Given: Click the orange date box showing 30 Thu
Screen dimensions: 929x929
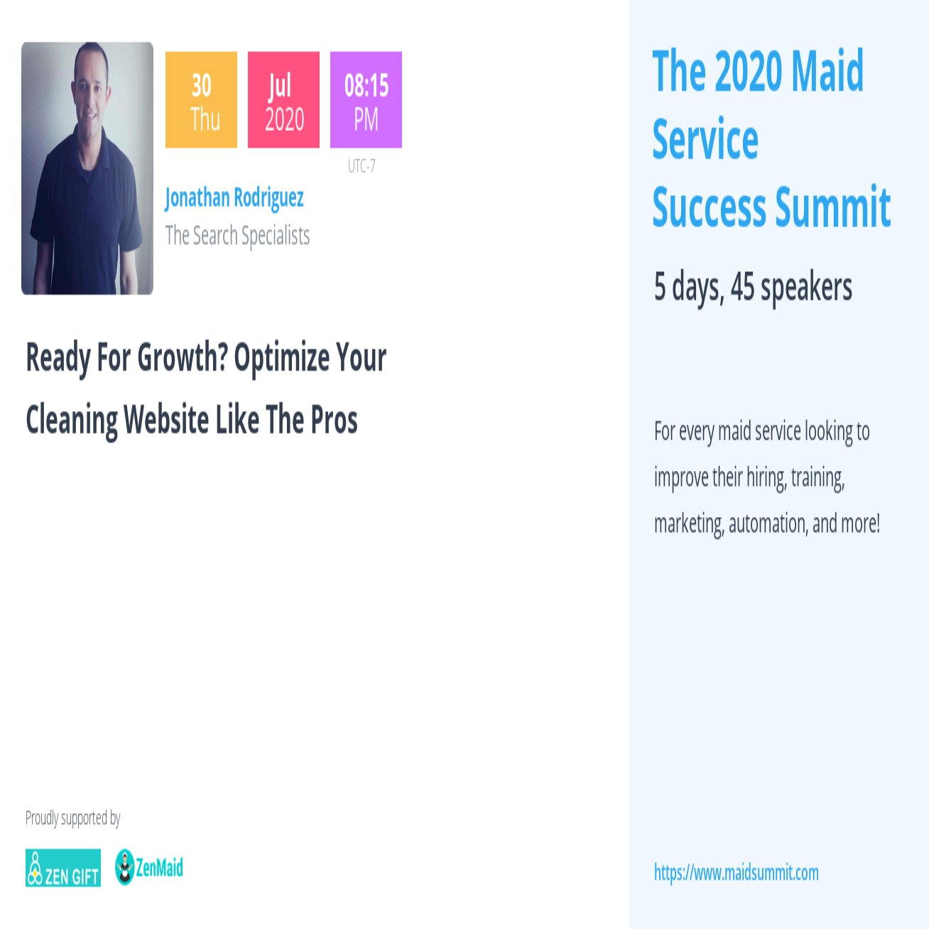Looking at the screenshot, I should [201, 100].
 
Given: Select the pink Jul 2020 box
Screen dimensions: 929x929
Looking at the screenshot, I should [283, 100].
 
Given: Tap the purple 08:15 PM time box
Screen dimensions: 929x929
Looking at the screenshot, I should [366, 100].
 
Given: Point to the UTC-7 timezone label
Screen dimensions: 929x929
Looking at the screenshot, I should [362, 166].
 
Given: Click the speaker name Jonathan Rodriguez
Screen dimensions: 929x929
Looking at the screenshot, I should [234, 197].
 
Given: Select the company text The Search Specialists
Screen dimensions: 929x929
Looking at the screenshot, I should [237, 235].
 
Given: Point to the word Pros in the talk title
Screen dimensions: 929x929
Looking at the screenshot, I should [334, 419].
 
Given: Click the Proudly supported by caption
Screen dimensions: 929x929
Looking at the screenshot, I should [72, 818].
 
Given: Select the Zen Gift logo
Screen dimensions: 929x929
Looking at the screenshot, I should [63, 868].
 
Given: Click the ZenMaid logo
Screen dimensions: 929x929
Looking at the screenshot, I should [149, 867].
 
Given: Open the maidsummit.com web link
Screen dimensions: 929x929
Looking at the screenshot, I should [736, 872].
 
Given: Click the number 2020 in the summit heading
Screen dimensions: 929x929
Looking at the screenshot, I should [748, 71].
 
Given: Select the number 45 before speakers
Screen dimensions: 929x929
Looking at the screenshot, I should [742, 286].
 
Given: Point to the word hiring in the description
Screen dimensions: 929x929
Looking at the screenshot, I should [766, 477].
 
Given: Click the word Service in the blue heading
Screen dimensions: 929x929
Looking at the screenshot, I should [705, 139].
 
